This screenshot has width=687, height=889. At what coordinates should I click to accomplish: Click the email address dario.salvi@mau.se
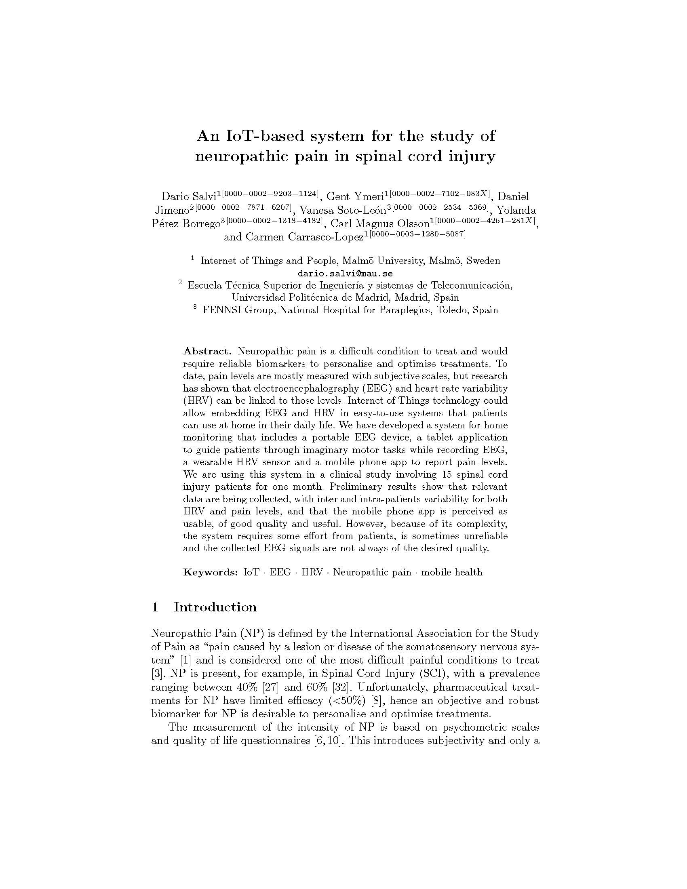click(345, 273)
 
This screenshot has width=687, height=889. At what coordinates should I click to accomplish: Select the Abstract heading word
click(207, 351)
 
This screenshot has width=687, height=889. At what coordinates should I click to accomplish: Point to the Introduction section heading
click(215, 607)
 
